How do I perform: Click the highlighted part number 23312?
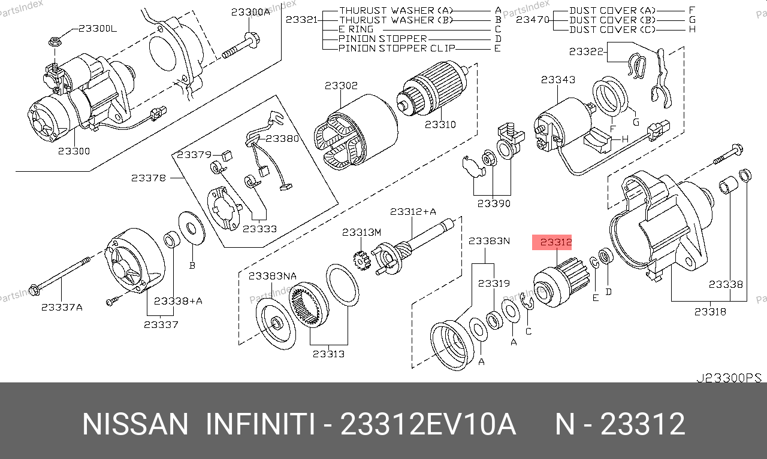[x=555, y=242]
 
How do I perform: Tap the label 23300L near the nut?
[x=98, y=28]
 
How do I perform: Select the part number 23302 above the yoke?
[x=341, y=85]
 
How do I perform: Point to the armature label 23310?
[x=440, y=124]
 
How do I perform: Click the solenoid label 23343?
[x=558, y=80]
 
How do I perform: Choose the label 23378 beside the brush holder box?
[x=148, y=178]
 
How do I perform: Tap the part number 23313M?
[x=361, y=233]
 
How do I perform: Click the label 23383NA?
[x=273, y=276]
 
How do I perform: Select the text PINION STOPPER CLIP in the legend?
[x=397, y=48]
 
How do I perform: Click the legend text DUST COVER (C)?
[x=612, y=29]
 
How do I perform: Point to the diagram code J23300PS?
[x=729, y=378]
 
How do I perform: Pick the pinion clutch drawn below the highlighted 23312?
[x=561, y=282]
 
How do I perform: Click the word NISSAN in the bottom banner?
[x=135, y=424]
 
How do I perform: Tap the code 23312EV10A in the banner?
[x=428, y=424]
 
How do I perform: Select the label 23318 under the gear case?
[x=710, y=312]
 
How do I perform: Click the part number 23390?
[x=494, y=203]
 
